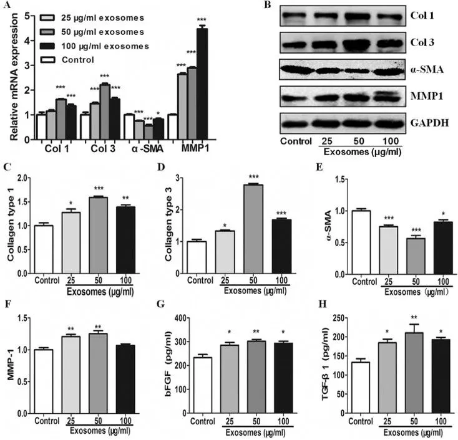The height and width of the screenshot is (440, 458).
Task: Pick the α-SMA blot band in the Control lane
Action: [x=296, y=69]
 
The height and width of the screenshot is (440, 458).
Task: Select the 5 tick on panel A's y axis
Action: [x=27, y=17]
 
